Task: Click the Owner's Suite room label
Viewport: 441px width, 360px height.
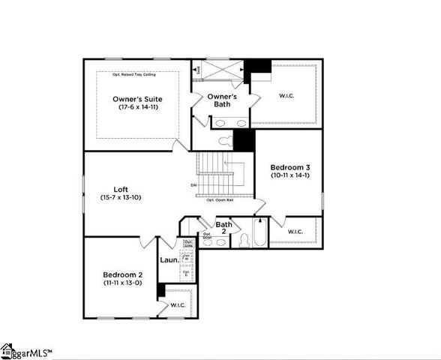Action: pyautogui.click(x=137, y=99)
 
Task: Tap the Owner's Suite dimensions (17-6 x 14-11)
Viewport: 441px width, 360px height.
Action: pyautogui.click(x=137, y=108)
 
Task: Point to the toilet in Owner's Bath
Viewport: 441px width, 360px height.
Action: pyautogui.click(x=226, y=140)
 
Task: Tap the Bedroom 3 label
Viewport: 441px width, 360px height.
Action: pyautogui.click(x=289, y=166)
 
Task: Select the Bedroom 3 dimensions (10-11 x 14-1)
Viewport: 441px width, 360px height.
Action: pyautogui.click(x=289, y=175)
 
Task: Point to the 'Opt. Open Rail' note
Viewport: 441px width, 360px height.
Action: pyautogui.click(x=222, y=199)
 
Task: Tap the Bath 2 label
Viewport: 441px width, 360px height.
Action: pyautogui.click(x=223, y=228)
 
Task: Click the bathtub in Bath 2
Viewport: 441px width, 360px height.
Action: pyautogui.click(x=259, y=234)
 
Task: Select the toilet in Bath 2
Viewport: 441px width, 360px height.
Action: pyautogui.click(x=243, y=241)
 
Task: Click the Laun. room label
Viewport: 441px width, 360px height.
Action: pyautogui.click(x=169, y=260)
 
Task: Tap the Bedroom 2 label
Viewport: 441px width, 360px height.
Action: pyautogui.click(x=123, y=274)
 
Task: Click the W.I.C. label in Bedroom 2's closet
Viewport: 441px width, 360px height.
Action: pyautogui.click(x=178, y=305)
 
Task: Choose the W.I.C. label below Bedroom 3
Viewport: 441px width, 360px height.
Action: pyautogui.click(x=295, y=232)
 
